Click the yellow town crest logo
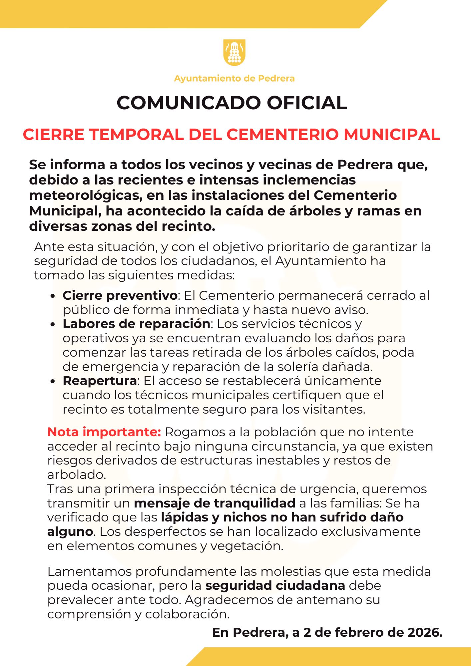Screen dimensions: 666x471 [x=234, y=53]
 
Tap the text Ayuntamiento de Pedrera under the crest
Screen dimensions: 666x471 [x=234, y=79]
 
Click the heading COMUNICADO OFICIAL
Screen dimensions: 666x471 [x=232, y=103]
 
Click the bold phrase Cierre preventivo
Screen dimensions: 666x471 [x=120, y=295]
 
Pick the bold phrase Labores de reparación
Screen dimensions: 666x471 [x=136, y=324]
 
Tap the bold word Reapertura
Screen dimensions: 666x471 [x=100, y=381]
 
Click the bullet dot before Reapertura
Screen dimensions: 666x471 [x=52, y=381]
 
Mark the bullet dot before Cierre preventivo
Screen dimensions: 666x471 [x=52, y=296]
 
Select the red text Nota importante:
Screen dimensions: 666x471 [x=104, y=432]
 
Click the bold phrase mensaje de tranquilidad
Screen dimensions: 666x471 [x=215, y=503]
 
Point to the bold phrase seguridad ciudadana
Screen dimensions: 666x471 [x=275, y=585]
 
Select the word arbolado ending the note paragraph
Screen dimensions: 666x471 [x=76, y=475]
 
